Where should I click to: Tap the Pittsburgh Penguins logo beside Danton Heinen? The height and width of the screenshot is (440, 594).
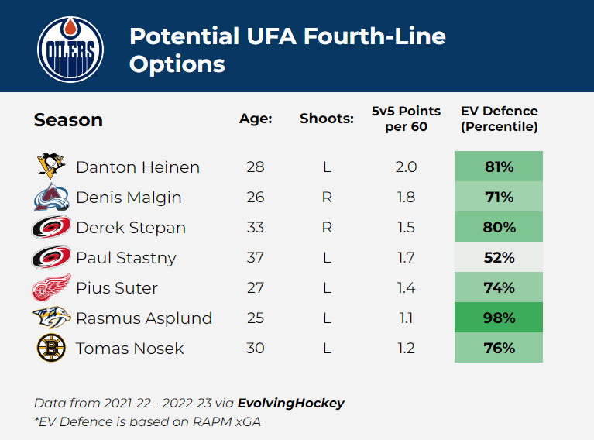coord(52,167)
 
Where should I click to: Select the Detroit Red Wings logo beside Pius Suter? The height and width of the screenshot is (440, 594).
coord(51,287)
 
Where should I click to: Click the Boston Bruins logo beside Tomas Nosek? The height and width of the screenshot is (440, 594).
coord(51,348)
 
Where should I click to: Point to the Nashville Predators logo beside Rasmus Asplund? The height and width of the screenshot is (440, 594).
coord(51,318)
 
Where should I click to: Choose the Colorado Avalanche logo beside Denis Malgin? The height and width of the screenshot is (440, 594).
coord(51,198)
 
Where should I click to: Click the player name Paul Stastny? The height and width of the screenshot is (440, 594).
coord(126,258)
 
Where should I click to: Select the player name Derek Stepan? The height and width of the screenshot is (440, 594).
coord(131,228)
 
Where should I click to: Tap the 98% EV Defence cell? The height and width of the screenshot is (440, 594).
coord(499,318)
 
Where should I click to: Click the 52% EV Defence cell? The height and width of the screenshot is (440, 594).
coord(499,258)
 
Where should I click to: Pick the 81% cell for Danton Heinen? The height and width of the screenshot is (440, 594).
coord(499,167)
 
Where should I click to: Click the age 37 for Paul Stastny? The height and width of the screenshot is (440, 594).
coord(255,258)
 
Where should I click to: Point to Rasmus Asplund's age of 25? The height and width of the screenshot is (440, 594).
coord(255,318)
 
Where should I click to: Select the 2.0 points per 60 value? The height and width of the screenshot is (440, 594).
coord(406,167)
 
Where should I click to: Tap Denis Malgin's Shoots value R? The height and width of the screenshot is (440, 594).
coord(327,198)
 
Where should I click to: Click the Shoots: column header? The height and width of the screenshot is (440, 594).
coord(327,119)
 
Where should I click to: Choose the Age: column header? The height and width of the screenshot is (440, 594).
coord(256,119)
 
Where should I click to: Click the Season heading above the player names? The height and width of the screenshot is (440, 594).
coord(68,120)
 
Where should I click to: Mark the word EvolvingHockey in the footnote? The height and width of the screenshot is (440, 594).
coord(291,403)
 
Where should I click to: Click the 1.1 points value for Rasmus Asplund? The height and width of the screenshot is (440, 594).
coord(406,318)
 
